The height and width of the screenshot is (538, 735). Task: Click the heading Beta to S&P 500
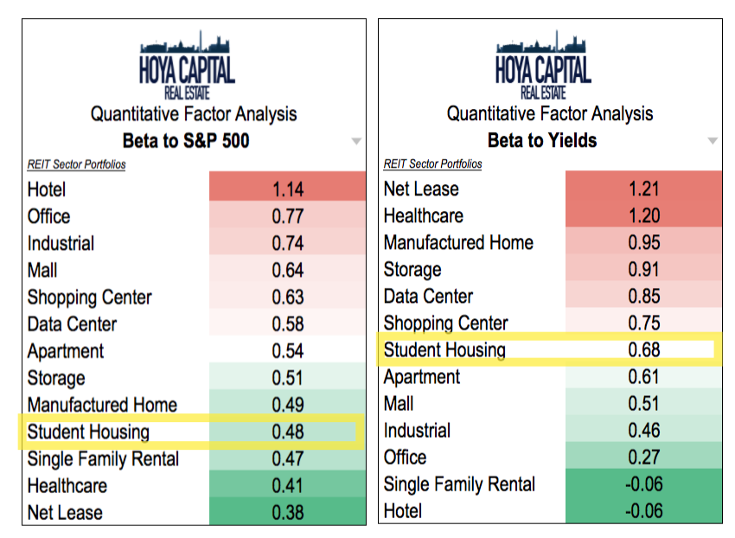pyautogui.click(x=187, y=140)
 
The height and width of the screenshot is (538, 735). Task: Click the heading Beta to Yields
pyautogui.click(x=542, y=140)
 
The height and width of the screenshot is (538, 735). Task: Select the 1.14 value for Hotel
pyautogui.click(x=287, y=189)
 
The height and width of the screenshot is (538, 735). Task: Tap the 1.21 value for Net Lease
pyautogui.click(x=643, y=189)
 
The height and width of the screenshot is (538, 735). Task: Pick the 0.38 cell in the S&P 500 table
pyautogui.click(x=287, y=512)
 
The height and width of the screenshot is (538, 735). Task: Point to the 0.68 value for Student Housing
pyautogui.click(x=643, y=350)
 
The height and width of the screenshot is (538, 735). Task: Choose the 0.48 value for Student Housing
pyautogui.click(x=287, y=432)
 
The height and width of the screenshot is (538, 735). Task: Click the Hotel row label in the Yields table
pyautogui.click(x=403, y=511)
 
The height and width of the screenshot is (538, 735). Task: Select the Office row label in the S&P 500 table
pyautogui.click(x=48, y=216)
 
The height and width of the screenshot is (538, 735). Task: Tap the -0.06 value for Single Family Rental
pyautogui.click(x=643, y=484)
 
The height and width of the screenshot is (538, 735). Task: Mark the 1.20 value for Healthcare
pyautogui.click(x=643, y=215)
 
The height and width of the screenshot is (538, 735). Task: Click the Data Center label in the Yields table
pyautogui.click(x=428, y=297)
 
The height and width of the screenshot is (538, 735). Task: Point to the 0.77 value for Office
pyautogui.click(x=287, y=216)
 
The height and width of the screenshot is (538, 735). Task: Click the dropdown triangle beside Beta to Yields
pyautogui.click(x=713, y=141)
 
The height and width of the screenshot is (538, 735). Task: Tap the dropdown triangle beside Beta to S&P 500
pyautogui.click(x=356, y=141)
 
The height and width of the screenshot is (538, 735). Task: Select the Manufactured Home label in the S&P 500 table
pyautogui.click(x=102, y=405)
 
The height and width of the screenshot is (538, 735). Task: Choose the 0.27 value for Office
pyautogui.click(x=643, y=458)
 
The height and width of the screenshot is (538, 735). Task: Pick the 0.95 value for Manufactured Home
pyautogui.click(x=643, y=242)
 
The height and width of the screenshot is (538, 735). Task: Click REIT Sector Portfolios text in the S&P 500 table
pyautogui.click(x=76, y=164)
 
